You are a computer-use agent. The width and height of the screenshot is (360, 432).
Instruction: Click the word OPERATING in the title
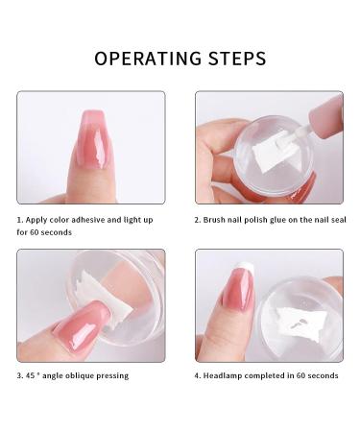tap(148, 59)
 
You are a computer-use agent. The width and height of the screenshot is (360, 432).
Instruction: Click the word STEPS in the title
tap(235, 59)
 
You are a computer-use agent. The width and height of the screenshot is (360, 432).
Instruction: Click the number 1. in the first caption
tap(20, 218)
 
